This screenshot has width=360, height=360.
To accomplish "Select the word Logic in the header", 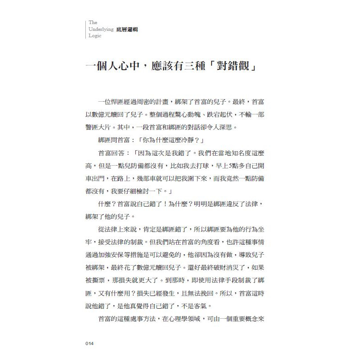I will click(x=95, y=36).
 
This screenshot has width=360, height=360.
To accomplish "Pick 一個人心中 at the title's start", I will click(x=113, y=67).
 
